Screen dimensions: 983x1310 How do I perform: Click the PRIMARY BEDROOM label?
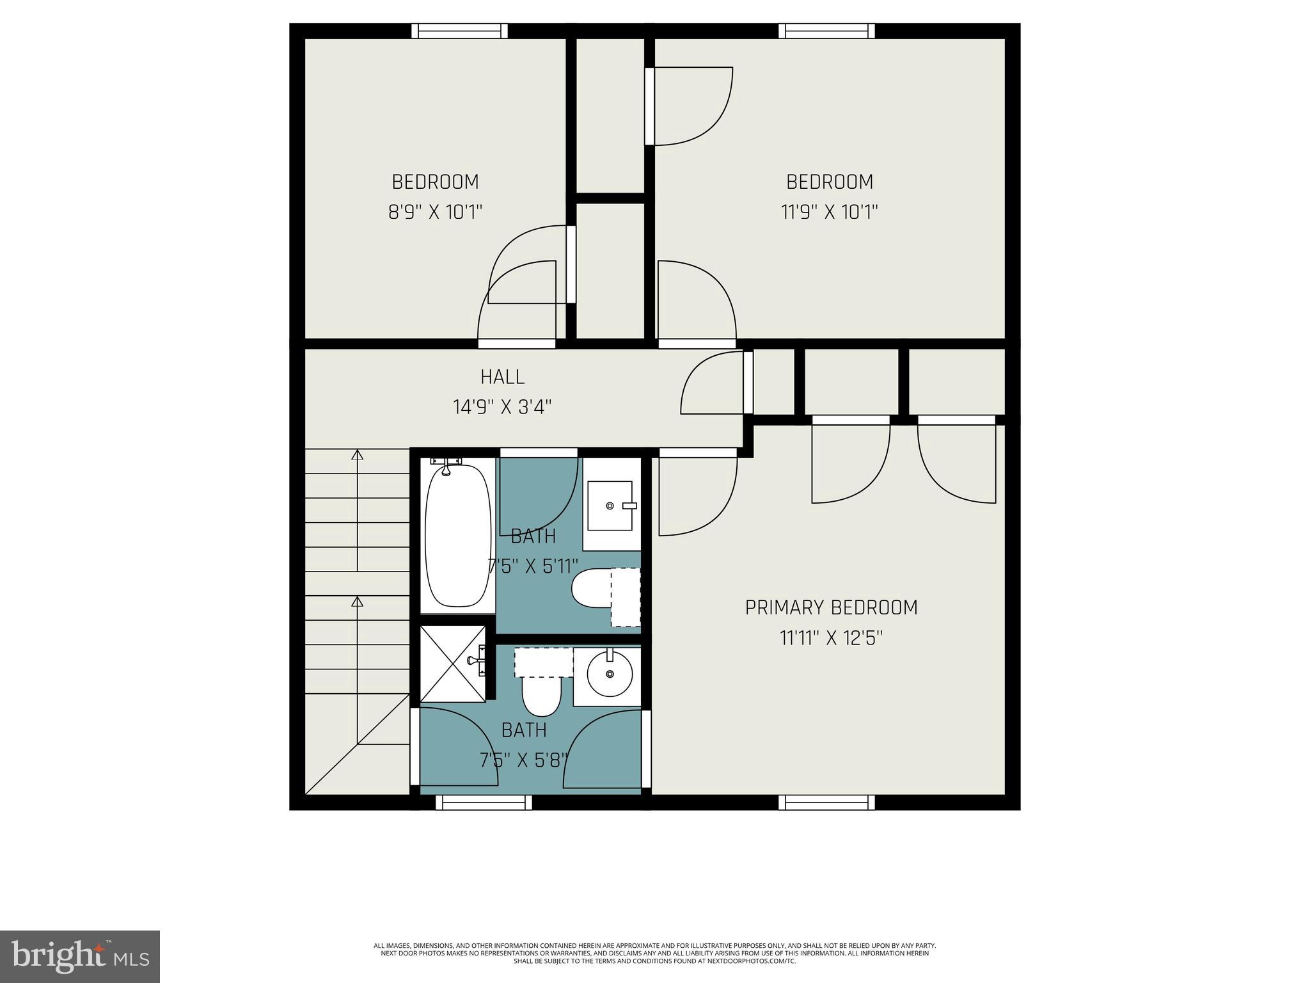click(831, 607)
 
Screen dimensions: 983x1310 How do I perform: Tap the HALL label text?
click(503, 377)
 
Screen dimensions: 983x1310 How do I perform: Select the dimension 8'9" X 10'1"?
click(435, 212)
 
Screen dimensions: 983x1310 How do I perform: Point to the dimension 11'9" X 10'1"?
click(830, 212)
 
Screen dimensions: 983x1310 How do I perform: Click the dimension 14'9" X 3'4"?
click(503, 407)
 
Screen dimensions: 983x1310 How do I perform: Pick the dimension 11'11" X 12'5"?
click(831, 638)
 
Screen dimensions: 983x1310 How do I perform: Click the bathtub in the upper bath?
click(457, 536)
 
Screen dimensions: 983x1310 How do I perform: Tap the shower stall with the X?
click(452, 664)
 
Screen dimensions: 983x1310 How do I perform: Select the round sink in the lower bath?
click(610, 675)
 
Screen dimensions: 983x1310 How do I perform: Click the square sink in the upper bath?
click(610, 506)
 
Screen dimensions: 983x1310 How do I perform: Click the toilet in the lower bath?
click(542, 691)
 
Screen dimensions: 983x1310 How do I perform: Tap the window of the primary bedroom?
click(830, 803)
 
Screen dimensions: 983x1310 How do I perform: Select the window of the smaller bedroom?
click(459, 31)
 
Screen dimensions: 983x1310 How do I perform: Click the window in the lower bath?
click(484, 803)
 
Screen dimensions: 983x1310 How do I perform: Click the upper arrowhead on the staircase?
click(358, 455)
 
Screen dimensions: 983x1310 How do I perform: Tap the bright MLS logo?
click(80, 956)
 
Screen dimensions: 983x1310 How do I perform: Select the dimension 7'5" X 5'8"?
click(524, 760)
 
